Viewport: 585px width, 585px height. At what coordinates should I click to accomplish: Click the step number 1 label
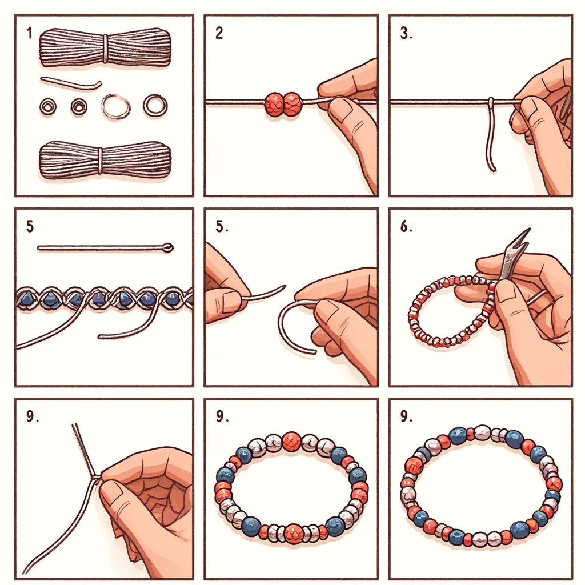29,33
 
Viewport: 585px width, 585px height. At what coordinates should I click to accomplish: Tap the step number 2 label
219,33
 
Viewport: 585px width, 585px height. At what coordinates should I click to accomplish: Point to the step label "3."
406,34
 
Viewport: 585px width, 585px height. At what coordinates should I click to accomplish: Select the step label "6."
407,226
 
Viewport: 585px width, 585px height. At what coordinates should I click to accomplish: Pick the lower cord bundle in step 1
105,160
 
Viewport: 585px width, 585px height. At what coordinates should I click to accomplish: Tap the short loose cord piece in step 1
71,83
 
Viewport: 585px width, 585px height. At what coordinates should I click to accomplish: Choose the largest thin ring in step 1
115,106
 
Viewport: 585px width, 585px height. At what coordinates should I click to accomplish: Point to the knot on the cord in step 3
490,103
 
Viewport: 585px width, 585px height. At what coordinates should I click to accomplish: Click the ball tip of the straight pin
167,247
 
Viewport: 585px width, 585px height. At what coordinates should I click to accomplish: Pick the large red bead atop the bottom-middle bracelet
291,440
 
